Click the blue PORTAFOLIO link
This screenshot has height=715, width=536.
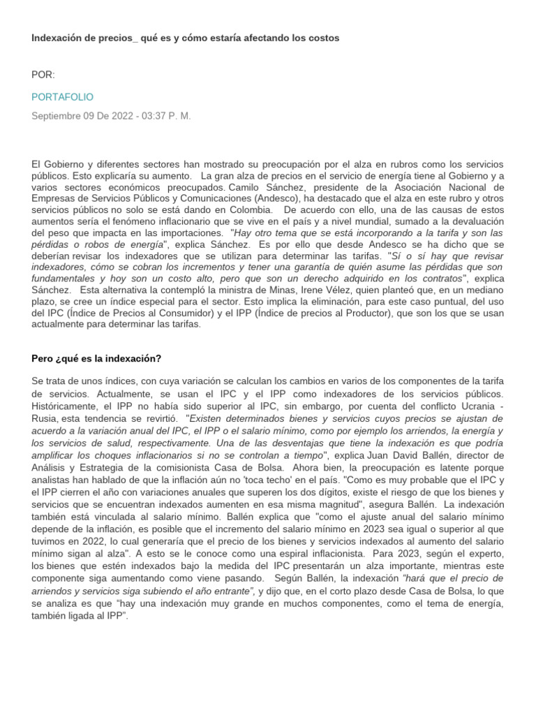62,96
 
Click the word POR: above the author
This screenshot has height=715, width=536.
43,75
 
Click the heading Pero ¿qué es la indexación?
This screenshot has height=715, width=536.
96,358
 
